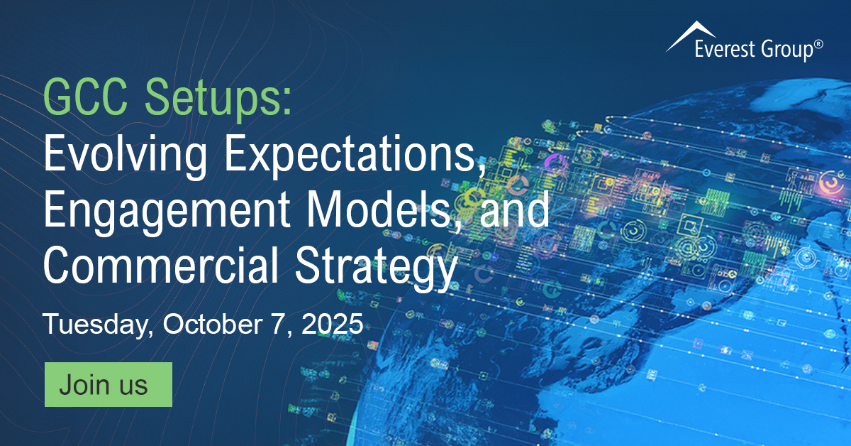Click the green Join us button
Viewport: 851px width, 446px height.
108,384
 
